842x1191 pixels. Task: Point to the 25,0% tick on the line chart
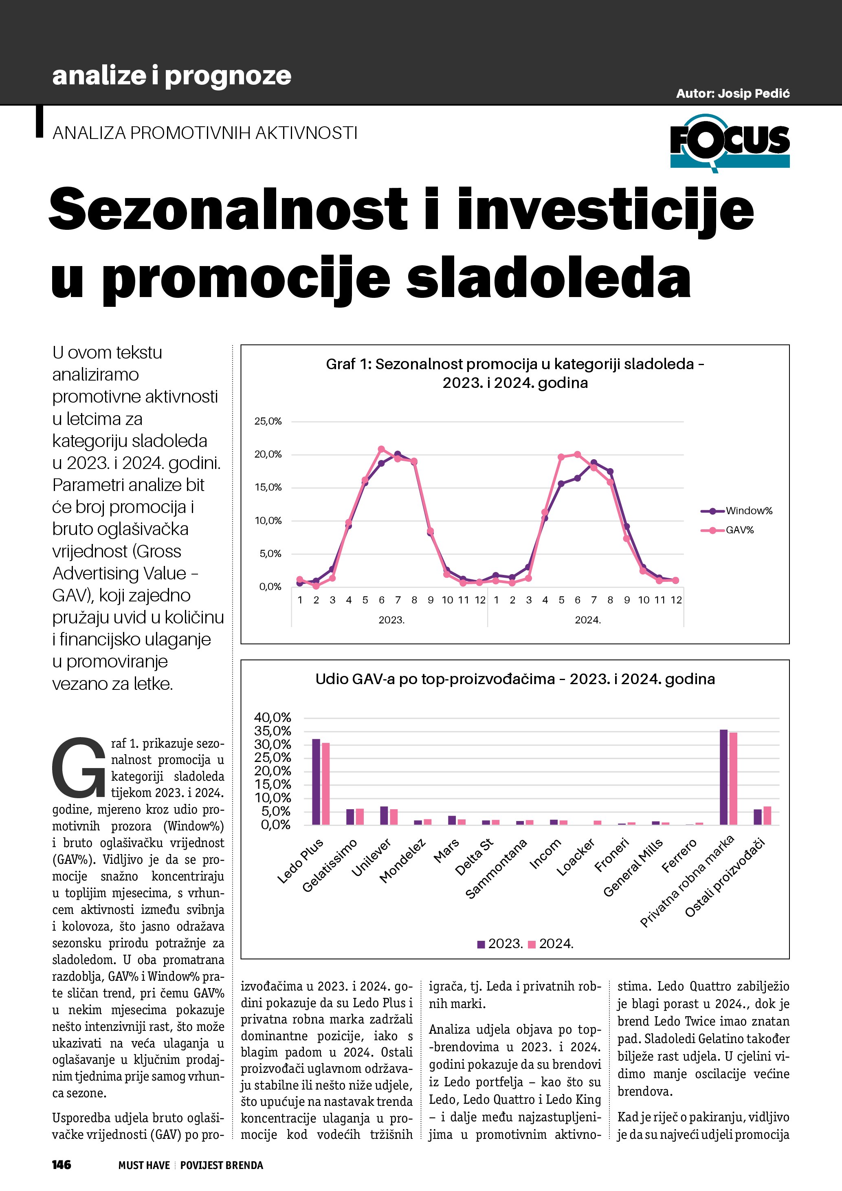coord(268,422)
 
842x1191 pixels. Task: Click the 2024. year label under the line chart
coord(587,620)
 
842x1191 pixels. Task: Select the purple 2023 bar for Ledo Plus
coord(316,782)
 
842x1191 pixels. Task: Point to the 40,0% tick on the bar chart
coord(273,718)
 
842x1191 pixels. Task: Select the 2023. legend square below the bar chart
coord(481,944)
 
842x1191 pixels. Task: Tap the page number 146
coord(61,1165)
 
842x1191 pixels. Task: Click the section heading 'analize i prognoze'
coord(171,76)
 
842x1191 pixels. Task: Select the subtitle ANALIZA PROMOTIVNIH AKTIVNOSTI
coord(205,133)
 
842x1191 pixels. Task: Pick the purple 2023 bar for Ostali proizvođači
coord(758,817)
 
